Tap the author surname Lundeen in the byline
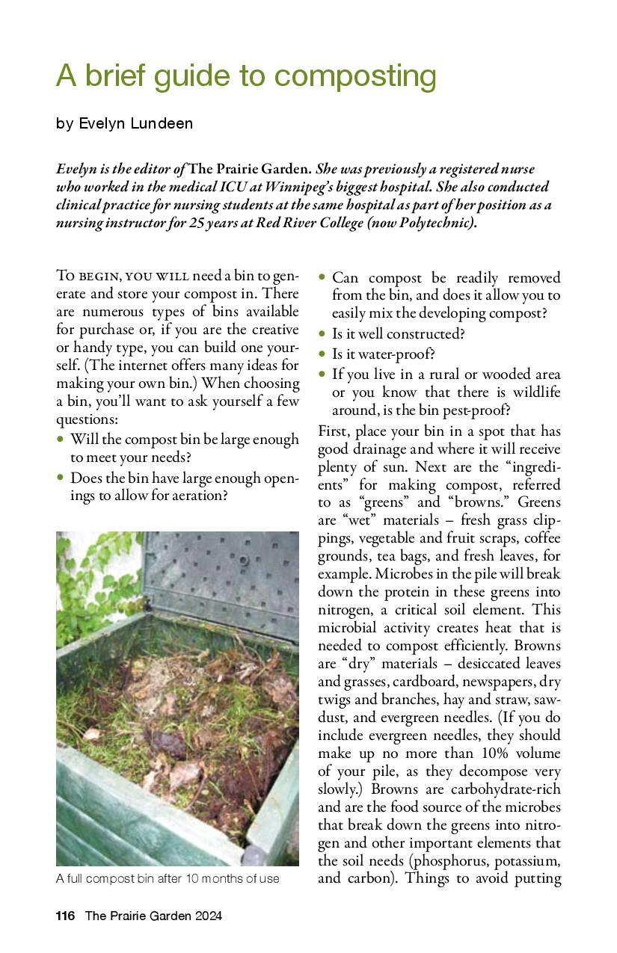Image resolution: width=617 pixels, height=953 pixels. pyautogui.click(x=160, y=124)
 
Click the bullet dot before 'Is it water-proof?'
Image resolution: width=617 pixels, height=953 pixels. pyautogui.click(x=322, y=354)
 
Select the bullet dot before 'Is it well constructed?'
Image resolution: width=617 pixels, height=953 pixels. pyautogui.click(x=322, y=333)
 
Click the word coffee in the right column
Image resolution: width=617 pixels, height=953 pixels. pyautogui.click(x=541, y=538)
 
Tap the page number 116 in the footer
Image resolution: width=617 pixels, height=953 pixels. pyautogui.click(x=66, y=916)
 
